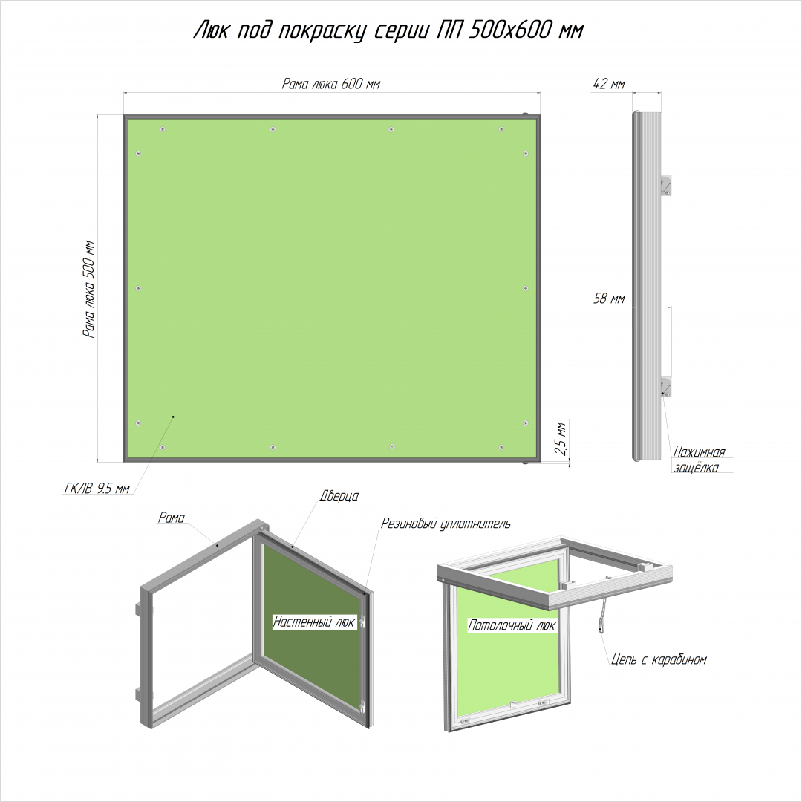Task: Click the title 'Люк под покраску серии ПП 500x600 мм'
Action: [388, 31]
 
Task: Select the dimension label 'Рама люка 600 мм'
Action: [331, 83]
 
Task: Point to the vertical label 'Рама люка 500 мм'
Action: [90, 289]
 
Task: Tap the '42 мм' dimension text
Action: [609, 84]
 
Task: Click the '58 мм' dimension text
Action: [609, 299]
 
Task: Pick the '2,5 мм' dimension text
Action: [561, 438]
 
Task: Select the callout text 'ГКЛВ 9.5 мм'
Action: [97, 489]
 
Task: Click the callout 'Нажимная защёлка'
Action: [699, 460]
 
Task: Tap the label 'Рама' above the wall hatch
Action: [172, 518]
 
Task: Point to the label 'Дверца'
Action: [339, 495]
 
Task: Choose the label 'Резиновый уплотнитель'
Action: [446, 524]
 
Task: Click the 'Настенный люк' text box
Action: [314, 622]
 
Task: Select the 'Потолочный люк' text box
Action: [512, 625]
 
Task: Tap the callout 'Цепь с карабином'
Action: [659, 659]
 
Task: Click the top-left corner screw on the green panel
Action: [163, 129]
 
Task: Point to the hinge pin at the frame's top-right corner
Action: [525, 116]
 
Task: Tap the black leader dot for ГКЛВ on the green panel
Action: [173, 417]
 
